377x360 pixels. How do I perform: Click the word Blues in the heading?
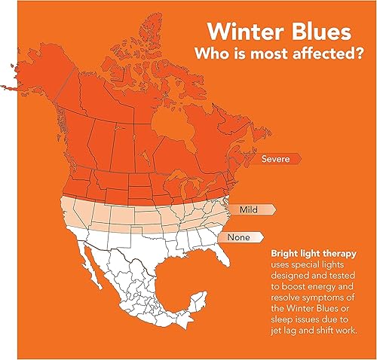click(x=319, y=32)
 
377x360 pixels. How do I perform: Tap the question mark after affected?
click(x=359, y=53)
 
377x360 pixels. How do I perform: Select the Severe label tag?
click(x=276, y=159)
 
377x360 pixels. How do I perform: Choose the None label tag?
click(x=239, y=237)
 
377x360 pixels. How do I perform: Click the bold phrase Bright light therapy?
click(x=314, y=254)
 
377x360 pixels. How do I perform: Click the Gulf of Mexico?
click(x=181, y=273)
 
